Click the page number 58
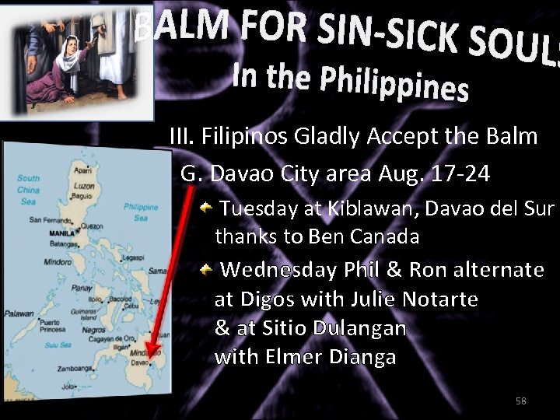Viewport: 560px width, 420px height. click(521, 401)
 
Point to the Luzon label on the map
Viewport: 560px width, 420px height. click(84, 187)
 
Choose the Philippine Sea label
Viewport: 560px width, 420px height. click(141, 212)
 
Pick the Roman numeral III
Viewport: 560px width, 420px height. click(181, 137)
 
